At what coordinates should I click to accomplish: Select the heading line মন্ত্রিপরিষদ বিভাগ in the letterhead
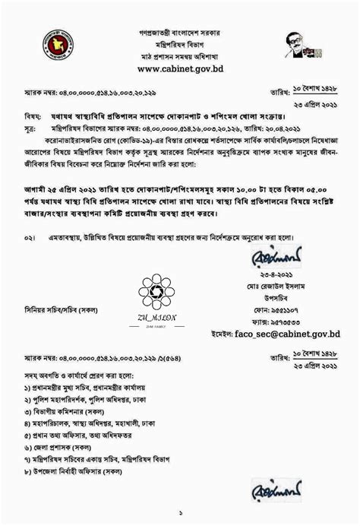179,45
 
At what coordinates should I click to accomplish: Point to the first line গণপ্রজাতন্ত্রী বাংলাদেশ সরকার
179,33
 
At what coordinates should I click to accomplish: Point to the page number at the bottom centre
180,512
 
